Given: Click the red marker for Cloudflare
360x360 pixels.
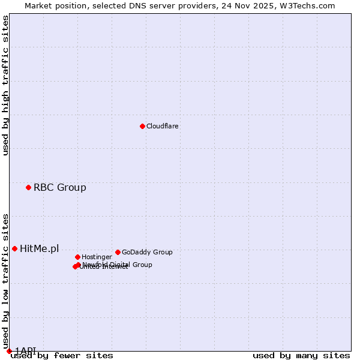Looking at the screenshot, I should tap(142, 126).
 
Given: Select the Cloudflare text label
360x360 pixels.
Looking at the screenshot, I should tap(163, 127).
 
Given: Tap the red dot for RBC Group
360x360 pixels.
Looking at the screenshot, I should tap(28, 188).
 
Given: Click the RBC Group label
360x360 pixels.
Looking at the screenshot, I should tap(60, 188).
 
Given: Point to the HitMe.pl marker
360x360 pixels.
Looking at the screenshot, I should tap(14, 248).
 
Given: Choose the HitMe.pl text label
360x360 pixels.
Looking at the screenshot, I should tap(40, 249).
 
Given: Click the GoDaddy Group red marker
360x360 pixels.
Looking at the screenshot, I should tap(118, 252).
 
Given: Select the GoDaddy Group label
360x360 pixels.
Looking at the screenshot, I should tap(147, 253).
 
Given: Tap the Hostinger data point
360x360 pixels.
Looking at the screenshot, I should tap(77, 257).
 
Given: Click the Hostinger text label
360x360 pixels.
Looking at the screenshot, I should tap(97, 257).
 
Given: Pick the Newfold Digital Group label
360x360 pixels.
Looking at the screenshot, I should tap(118, 264).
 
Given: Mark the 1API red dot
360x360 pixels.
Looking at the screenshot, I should tap(9, 351).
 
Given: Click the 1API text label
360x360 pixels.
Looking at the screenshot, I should tap(25, 350).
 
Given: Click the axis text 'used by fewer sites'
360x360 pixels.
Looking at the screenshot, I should tap(62, 356).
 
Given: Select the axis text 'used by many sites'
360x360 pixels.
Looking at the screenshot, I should tap(301, 356).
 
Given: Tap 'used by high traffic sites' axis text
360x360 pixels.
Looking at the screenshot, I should tap(6, 85).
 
